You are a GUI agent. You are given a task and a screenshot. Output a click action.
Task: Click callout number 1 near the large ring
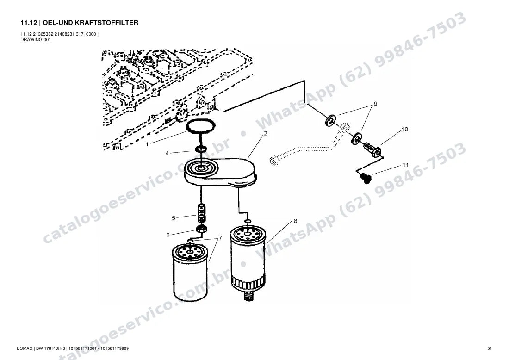click(147, 144)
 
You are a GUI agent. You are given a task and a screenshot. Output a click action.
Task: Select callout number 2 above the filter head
click(266, 133)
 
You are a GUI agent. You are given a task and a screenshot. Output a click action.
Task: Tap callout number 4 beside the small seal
click(167, 153)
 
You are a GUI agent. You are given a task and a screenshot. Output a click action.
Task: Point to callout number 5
click(174, 218)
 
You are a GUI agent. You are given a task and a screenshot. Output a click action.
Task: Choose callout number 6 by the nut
click(168, 235)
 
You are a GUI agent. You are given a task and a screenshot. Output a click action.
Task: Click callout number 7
click(221, 238)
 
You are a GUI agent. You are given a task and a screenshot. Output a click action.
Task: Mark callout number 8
click(295, 221)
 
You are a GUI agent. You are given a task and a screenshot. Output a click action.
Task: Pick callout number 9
click(376, 104)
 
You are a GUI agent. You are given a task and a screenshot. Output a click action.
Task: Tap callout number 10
click(405, 130)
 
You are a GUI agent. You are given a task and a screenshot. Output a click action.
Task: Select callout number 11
click(405, 165)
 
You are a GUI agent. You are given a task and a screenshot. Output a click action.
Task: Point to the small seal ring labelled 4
click(201, 149)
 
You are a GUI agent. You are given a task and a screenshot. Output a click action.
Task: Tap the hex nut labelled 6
click(202, 229)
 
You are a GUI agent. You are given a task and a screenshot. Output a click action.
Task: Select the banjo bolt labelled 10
click(374, 149)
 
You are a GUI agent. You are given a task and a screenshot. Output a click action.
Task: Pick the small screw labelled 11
click(365, 178)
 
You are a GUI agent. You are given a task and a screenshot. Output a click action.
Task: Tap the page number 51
click(490, 348)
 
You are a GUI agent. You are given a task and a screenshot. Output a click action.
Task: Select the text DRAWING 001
click(36, 40)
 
